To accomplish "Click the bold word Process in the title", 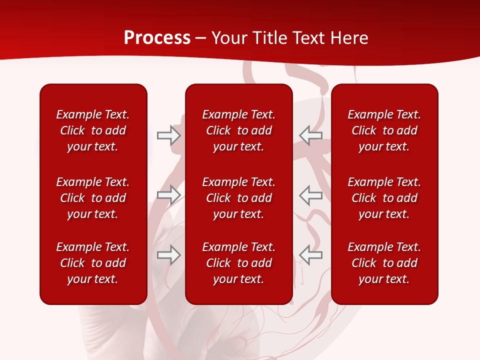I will [x=157, y=38].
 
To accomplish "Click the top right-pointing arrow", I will [x=168, y=135].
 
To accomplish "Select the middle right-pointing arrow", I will [x=168, y=195].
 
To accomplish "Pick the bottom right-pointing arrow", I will [x=168, y=255].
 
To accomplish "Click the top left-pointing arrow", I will [x=310, y=135].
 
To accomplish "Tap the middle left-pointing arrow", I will [x=310, y=195].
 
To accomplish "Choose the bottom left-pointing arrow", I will [x=310, y=255].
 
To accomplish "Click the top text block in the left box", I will [x=93, y=130].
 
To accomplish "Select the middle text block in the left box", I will [x=93, y=198].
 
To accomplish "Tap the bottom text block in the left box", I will [x=93, y=263].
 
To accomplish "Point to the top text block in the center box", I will [x=239, y=130].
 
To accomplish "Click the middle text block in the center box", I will [x=239, y=198].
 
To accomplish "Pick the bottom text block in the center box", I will [x=239, y=263].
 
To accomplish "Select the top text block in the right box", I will [x=384, y=130].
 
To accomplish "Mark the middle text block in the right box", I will [x=384, y=198].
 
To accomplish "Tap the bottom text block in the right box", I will [x=384, y=263].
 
